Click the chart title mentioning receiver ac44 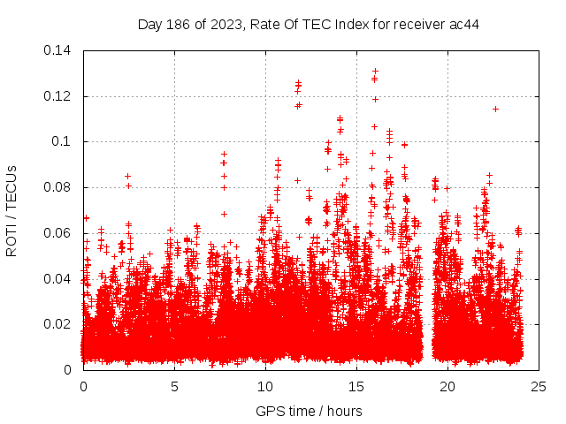click(309, 24)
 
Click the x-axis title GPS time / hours click(309, 411)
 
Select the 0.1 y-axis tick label click(65, 141)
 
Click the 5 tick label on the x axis click(175, 386)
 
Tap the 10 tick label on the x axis click(265, 386)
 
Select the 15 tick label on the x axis click(356, 386)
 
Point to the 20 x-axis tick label click(447, 386)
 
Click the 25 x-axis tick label click(539, 386)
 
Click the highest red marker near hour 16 click(375, 71)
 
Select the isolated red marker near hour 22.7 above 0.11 click(495, 109)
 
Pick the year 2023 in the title click(225, 24)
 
